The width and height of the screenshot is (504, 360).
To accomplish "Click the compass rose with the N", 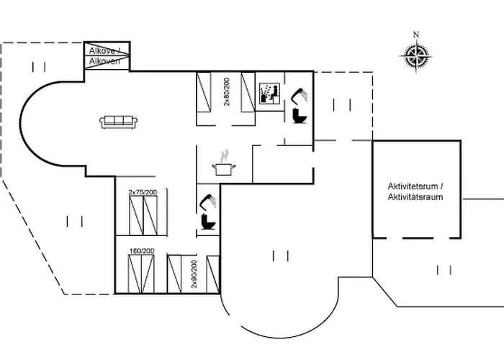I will [x=415, y=56].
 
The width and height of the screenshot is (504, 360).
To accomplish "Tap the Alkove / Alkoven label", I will [x=107, y=56].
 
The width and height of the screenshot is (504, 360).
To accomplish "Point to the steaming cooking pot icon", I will [x=225, y=167].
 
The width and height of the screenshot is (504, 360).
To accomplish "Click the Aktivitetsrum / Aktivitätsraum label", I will [x=415, y=192].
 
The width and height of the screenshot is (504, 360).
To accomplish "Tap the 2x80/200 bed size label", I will [x=226, y=92].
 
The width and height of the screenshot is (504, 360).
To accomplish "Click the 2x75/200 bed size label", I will [x=147, y=192].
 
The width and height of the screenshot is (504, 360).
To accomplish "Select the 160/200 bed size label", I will [x=140, y=251].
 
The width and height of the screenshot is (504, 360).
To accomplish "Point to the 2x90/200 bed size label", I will [x=194, y=274].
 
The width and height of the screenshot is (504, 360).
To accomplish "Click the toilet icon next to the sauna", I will [x=300, y=115].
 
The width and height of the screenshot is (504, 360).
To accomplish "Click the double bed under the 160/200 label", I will [x=141, y=274].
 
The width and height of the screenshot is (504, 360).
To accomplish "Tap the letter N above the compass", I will [x=415, y=35].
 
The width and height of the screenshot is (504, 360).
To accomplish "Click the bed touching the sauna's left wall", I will [x=250, y=94].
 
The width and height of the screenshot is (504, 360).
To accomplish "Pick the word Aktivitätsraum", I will [x=415, y=197].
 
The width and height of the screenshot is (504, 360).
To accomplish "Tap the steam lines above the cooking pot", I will [x=225, y=155].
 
